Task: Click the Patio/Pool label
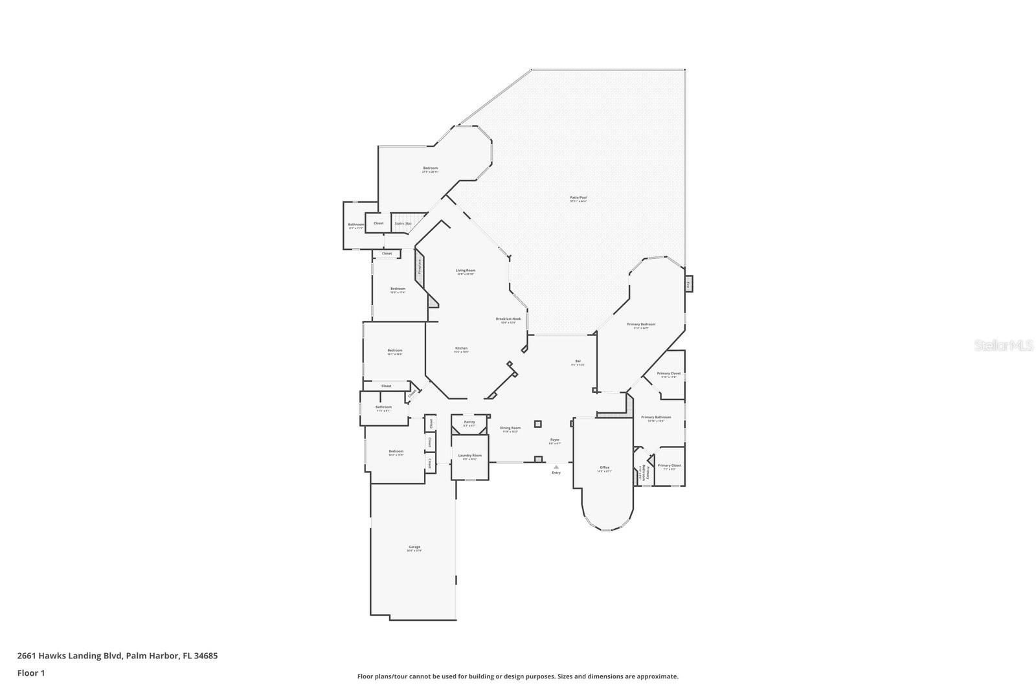tap(578, 198)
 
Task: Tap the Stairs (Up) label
tap(403, 223)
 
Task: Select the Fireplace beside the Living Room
tap(419, 266)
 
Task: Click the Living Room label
tap(466, 271)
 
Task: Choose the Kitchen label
tap(461, 349)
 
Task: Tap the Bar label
tap(578, 362)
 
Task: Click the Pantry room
tap(469, 423)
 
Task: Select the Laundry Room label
tap(469, 456)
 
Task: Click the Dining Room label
tap(510, 428)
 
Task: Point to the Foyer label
tap(554, 441)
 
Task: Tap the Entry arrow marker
tap(556, 467)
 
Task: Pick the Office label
tap(604, 468)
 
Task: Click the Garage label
tap(414, 548)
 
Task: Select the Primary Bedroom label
tap(641, 325)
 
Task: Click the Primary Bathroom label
tap(656, 418)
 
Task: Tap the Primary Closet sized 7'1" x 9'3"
tap(669, 466)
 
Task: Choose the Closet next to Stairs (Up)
tap(378, 223)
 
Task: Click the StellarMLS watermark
tap(1003, 346)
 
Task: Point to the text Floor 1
tap(31, 673)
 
